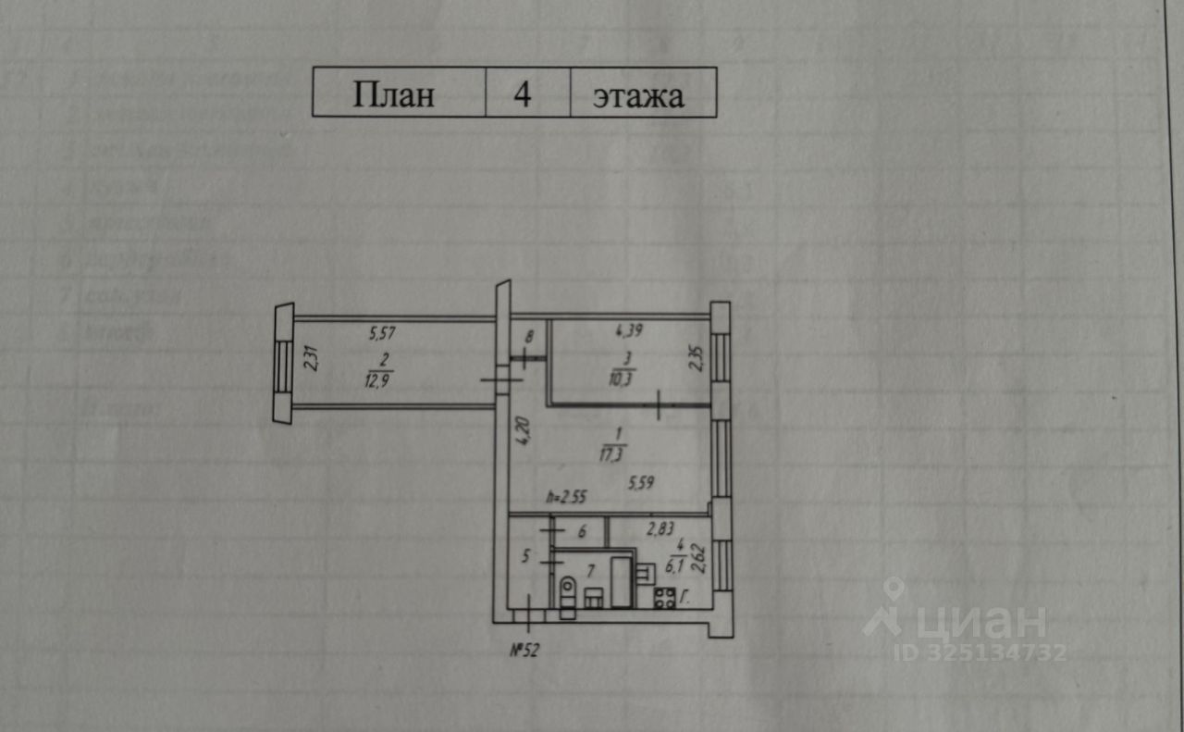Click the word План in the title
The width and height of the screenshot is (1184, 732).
pyautogui.click(x=393, y=94)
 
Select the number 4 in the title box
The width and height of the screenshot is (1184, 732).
pyautogui.click(x=524, y=93)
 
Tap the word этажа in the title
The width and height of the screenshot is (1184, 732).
pyautogui.click(x=638, y=95)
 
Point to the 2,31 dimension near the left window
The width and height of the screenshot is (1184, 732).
pyautogui.click(x=312, y=358)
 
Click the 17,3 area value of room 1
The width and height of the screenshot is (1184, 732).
pyautogui.click(x=611, y=453)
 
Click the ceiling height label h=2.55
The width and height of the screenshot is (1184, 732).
pyautogui.click(x=566, y=497)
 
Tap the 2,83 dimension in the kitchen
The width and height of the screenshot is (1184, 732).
pyautogui.click(x=660, y=528)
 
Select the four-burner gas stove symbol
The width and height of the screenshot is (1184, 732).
pyautogui.click(x=665, y=597)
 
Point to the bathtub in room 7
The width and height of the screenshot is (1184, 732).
pyautogui.click(x=622, y=582)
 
